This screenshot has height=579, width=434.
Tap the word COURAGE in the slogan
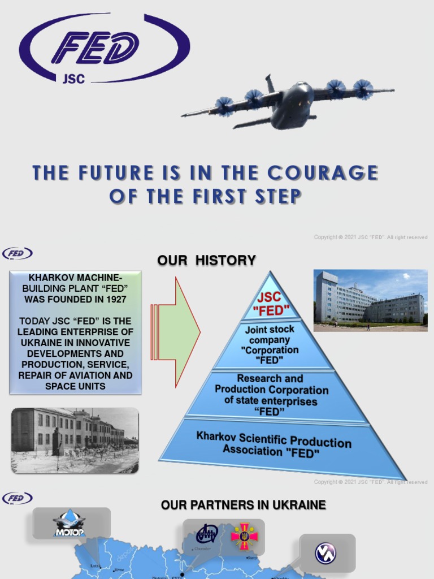(x=322, y=173)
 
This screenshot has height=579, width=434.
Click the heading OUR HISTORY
(x=206, y=261)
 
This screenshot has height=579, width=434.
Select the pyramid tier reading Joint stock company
(x=270, y=344)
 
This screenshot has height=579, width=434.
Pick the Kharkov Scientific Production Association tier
(x=274, y=444)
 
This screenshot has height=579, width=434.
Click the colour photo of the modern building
(x=370, y=300)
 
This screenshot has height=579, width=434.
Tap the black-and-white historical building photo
(x=75, y=440)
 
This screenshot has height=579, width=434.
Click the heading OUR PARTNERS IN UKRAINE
(x=243, y=505)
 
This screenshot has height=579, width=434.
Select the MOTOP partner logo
(x=69, y=524)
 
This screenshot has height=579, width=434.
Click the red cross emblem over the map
(x=244, y=535)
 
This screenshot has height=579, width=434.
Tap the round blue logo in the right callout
(x=326, y=553)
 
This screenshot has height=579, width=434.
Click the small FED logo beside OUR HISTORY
(x=18, y=253)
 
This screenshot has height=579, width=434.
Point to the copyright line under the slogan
(x=370, y=237)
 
